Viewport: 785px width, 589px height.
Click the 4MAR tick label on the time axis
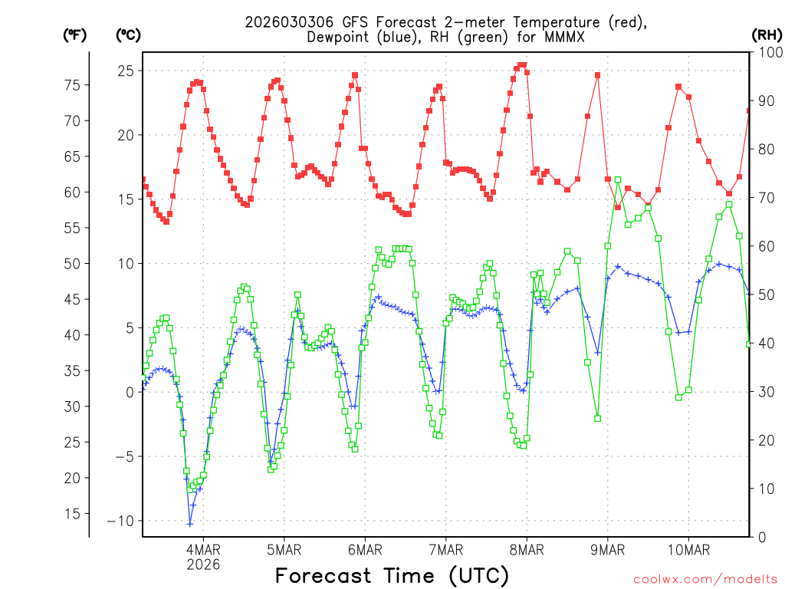[x=203, y=550]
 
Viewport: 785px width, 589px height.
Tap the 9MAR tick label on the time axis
[x=608, y=550]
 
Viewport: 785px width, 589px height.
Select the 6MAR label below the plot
[x=365, y=550]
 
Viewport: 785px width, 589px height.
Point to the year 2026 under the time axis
[x=203, y=564]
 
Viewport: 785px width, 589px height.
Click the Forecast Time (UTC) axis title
[x=392, y=575]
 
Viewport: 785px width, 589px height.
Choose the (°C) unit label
[x=128, y=35]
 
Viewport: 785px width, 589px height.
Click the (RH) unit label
[x=767, y=35]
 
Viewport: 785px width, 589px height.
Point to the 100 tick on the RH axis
[x=767, y=52]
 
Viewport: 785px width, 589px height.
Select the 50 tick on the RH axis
[x=764, y=294]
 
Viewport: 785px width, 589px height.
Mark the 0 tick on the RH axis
[x=759, y=537]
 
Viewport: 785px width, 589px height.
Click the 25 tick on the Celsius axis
[x=126, y=71]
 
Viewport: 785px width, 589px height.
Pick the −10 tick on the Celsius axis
[x=122, y=521]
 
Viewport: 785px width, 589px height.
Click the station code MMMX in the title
[x=566, y=37]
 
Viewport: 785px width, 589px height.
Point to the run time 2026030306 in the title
[x=289, y=22]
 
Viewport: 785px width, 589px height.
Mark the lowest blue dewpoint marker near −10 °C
[x=190, y=524]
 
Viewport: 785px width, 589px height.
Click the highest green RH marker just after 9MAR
[x=618, y=179]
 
